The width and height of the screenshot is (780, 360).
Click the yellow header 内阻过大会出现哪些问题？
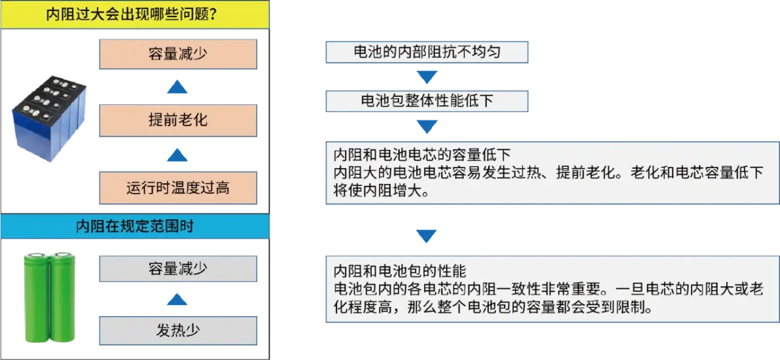(x=135, y=15)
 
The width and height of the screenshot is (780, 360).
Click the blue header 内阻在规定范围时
(x=135, y=226)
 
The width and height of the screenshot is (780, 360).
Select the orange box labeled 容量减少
(x=178, y=54)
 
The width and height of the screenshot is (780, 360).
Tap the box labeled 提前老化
(x=178, y=120)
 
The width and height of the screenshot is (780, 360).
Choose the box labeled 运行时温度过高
(x=178, y=188)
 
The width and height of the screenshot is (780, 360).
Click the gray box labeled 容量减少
(x=178, y=269)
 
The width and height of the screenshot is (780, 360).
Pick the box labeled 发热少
(x=178, y=330)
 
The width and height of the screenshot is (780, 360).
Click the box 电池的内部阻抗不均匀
(x=427, y=52)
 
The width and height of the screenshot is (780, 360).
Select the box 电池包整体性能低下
(x=427, y=101)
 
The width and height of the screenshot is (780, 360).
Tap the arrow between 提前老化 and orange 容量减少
(x=177, y=87)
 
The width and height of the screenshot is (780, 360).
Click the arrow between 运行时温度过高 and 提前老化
(x=177, y=154)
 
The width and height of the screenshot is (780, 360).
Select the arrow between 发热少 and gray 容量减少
(x=177, y=300)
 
